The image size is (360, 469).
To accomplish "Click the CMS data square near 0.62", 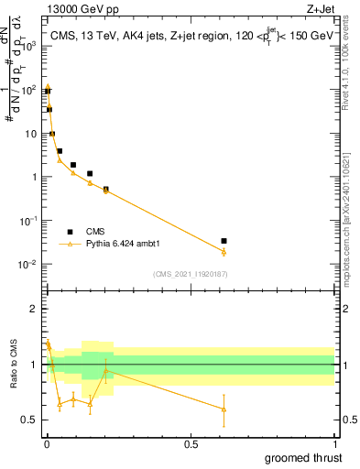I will pos(224,241).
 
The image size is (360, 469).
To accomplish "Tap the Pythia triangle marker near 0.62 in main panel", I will pos(224,252).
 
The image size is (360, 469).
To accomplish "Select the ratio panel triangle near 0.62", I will pos(224,409).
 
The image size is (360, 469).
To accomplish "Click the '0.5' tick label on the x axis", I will pos(191,444).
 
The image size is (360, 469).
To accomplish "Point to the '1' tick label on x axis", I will pos(334,444).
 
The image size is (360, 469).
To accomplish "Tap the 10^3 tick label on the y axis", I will pos(27,47).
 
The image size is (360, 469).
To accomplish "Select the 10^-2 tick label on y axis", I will pos(27,265).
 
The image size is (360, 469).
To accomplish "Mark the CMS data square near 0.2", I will pos(106,190).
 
